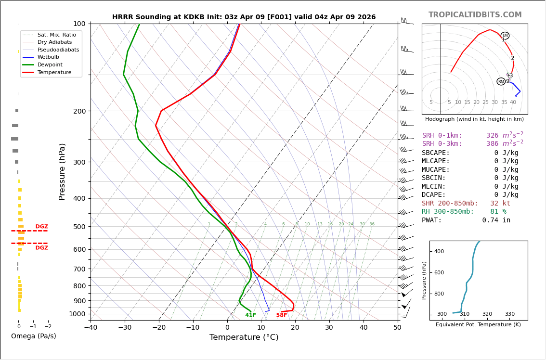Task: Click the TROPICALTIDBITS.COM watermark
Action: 475,15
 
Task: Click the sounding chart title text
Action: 244,17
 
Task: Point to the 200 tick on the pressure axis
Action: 79,111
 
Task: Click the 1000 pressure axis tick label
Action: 78,314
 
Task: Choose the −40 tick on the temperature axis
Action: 91,328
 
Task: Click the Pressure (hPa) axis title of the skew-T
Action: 62,171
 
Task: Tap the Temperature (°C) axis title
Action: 244,337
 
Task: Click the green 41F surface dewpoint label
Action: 250,315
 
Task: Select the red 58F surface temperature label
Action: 282,315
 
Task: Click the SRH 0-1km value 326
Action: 492,136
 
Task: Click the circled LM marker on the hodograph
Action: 505,36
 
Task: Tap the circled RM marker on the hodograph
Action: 501,81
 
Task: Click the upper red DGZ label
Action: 41,227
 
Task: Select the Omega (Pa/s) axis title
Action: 33,336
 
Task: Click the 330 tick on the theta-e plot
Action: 509,314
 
